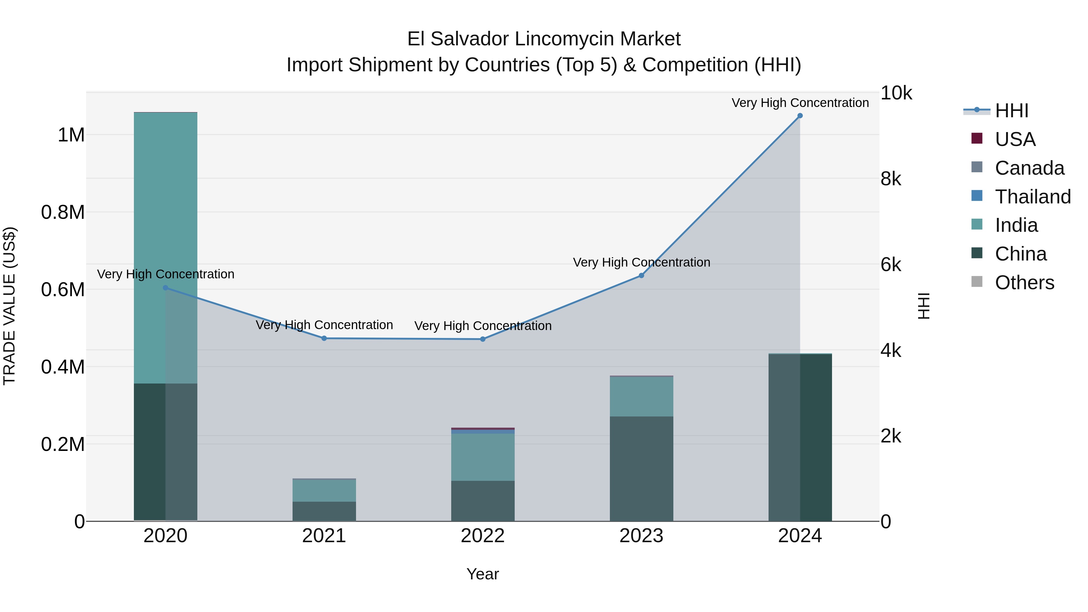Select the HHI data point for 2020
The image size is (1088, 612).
point(166,288)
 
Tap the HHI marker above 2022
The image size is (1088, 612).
point(483,339)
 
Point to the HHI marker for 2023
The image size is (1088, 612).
point(641,275)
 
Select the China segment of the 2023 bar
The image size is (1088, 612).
point(641,469)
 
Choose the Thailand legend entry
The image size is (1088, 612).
point(1032,197)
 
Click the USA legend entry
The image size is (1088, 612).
point(1015,139)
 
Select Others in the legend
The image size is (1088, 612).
point(1024,283)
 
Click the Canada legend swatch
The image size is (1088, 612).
point(977,167)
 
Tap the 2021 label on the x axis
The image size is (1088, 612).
point(324,536)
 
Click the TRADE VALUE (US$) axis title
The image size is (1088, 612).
point(10,306)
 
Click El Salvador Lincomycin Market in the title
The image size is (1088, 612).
point(544,39)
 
